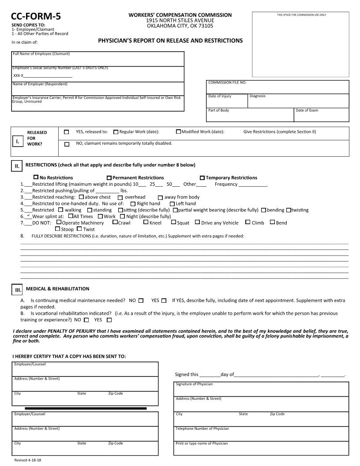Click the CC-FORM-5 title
[36, 17]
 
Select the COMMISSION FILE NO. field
[277, 87]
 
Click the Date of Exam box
[321, 116]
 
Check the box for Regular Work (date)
[116, 132]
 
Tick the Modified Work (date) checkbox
[178, 132]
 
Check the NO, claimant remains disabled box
[67, 144]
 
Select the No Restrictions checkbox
[36, 177]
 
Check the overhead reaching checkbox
[120, 197]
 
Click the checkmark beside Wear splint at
[28, 216]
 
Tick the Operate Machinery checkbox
[59, 222]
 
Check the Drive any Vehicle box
[197, 222]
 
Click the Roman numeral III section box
[18, 290]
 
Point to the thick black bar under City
[86, 409]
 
